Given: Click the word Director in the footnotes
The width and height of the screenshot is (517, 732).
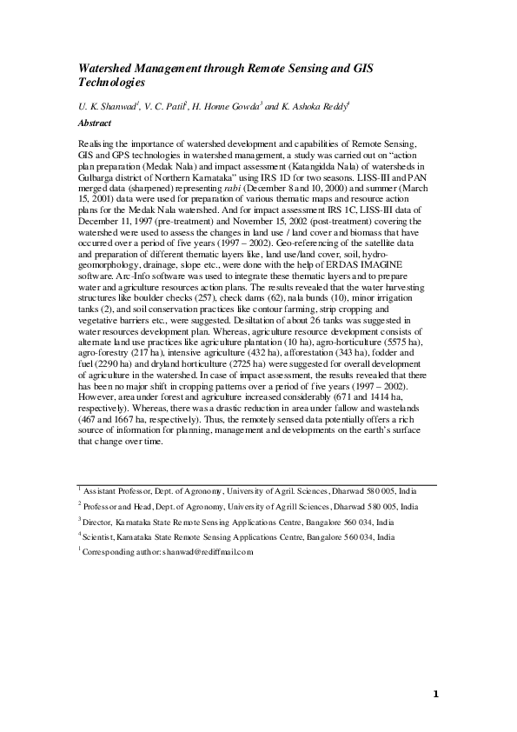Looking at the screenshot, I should coord(101,522).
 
